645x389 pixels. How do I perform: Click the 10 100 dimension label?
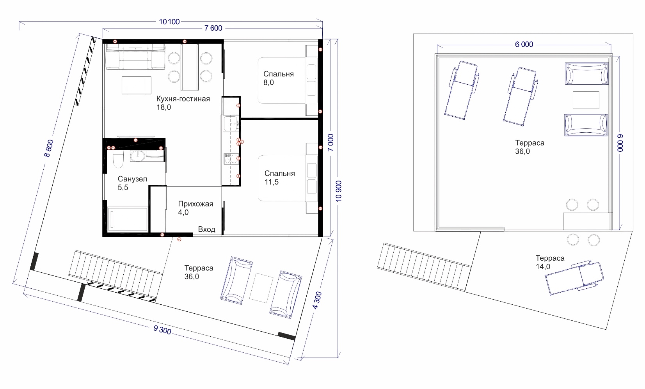(x=169, y=21)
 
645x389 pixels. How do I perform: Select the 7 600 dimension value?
(x=213, y=28)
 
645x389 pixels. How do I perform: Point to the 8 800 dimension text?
(x=49, y=148)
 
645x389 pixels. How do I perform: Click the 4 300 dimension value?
(x=317, y=300)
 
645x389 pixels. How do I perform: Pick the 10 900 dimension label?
(x=339, y=191)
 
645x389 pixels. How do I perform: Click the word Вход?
(x=206, y=229)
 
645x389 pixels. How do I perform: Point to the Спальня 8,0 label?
(x=279, y=78)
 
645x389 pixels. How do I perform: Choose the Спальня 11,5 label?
(x=280, y=178)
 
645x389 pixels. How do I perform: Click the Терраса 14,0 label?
(x=550, y=262)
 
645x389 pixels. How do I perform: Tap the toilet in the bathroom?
(x=118, y=159)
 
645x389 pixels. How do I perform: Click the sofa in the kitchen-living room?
(x=135, y=57)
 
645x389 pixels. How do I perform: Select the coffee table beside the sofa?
(x=137, y=85)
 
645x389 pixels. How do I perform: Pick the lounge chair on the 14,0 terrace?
(x=574, y=278)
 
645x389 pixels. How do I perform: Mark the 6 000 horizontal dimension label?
(x=524, y=44)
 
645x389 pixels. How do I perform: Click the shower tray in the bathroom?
(x=127, y=218)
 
